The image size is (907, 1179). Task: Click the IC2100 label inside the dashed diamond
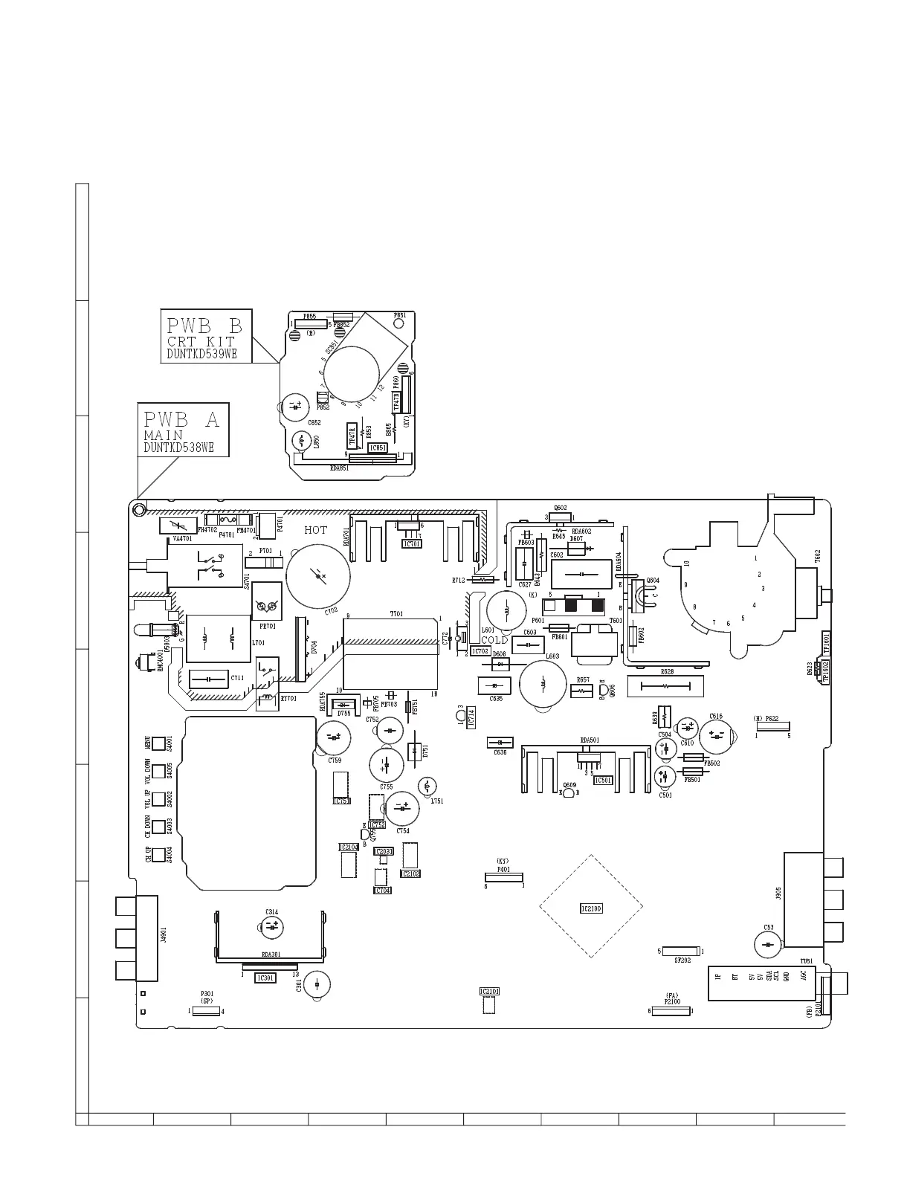click(x=591, y=908)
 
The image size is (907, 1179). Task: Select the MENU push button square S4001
click(x=158, y=743)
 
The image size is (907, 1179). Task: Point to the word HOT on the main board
click(x=315, y=530)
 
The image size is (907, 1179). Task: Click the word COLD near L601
click(x=494, y=639)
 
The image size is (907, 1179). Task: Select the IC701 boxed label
click(x=411, y=543)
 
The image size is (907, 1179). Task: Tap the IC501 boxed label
click(x=603, y=781)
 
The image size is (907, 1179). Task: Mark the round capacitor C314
click(x=272, y=926)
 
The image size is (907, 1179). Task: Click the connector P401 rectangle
click(x=504, y=878)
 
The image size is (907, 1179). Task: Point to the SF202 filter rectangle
click(x=680, y=951)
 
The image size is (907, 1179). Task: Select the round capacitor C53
click(x=767, y=945)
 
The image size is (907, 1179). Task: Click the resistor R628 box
click(x=665, y=687)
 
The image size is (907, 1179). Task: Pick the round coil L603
click(x=543, y=683)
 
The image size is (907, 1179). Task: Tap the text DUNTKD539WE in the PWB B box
click(x=201, y=354)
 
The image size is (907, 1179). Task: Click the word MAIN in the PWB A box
click(x=164, y=435)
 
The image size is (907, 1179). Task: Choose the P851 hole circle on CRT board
click(x=399, y=324)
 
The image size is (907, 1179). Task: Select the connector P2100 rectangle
click(x=671, y=1011)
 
